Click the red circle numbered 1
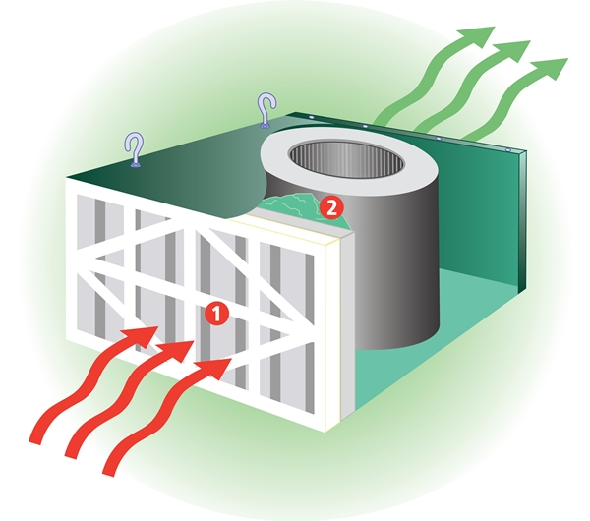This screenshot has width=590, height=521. (x=216, y=314)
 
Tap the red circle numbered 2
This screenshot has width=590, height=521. (x=331, y=208)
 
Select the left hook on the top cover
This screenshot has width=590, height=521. (x=135, y=149)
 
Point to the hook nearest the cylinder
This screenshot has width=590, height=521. (x=266, y=110)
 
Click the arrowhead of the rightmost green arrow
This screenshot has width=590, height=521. (x=552, y=68)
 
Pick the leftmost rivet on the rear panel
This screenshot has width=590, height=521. (x=311, y=118)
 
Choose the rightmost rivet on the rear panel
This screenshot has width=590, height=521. (x=508, y=150)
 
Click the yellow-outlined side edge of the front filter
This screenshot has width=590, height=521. (x=333, y=331)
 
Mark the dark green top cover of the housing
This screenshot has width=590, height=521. (x=169, y=169)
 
